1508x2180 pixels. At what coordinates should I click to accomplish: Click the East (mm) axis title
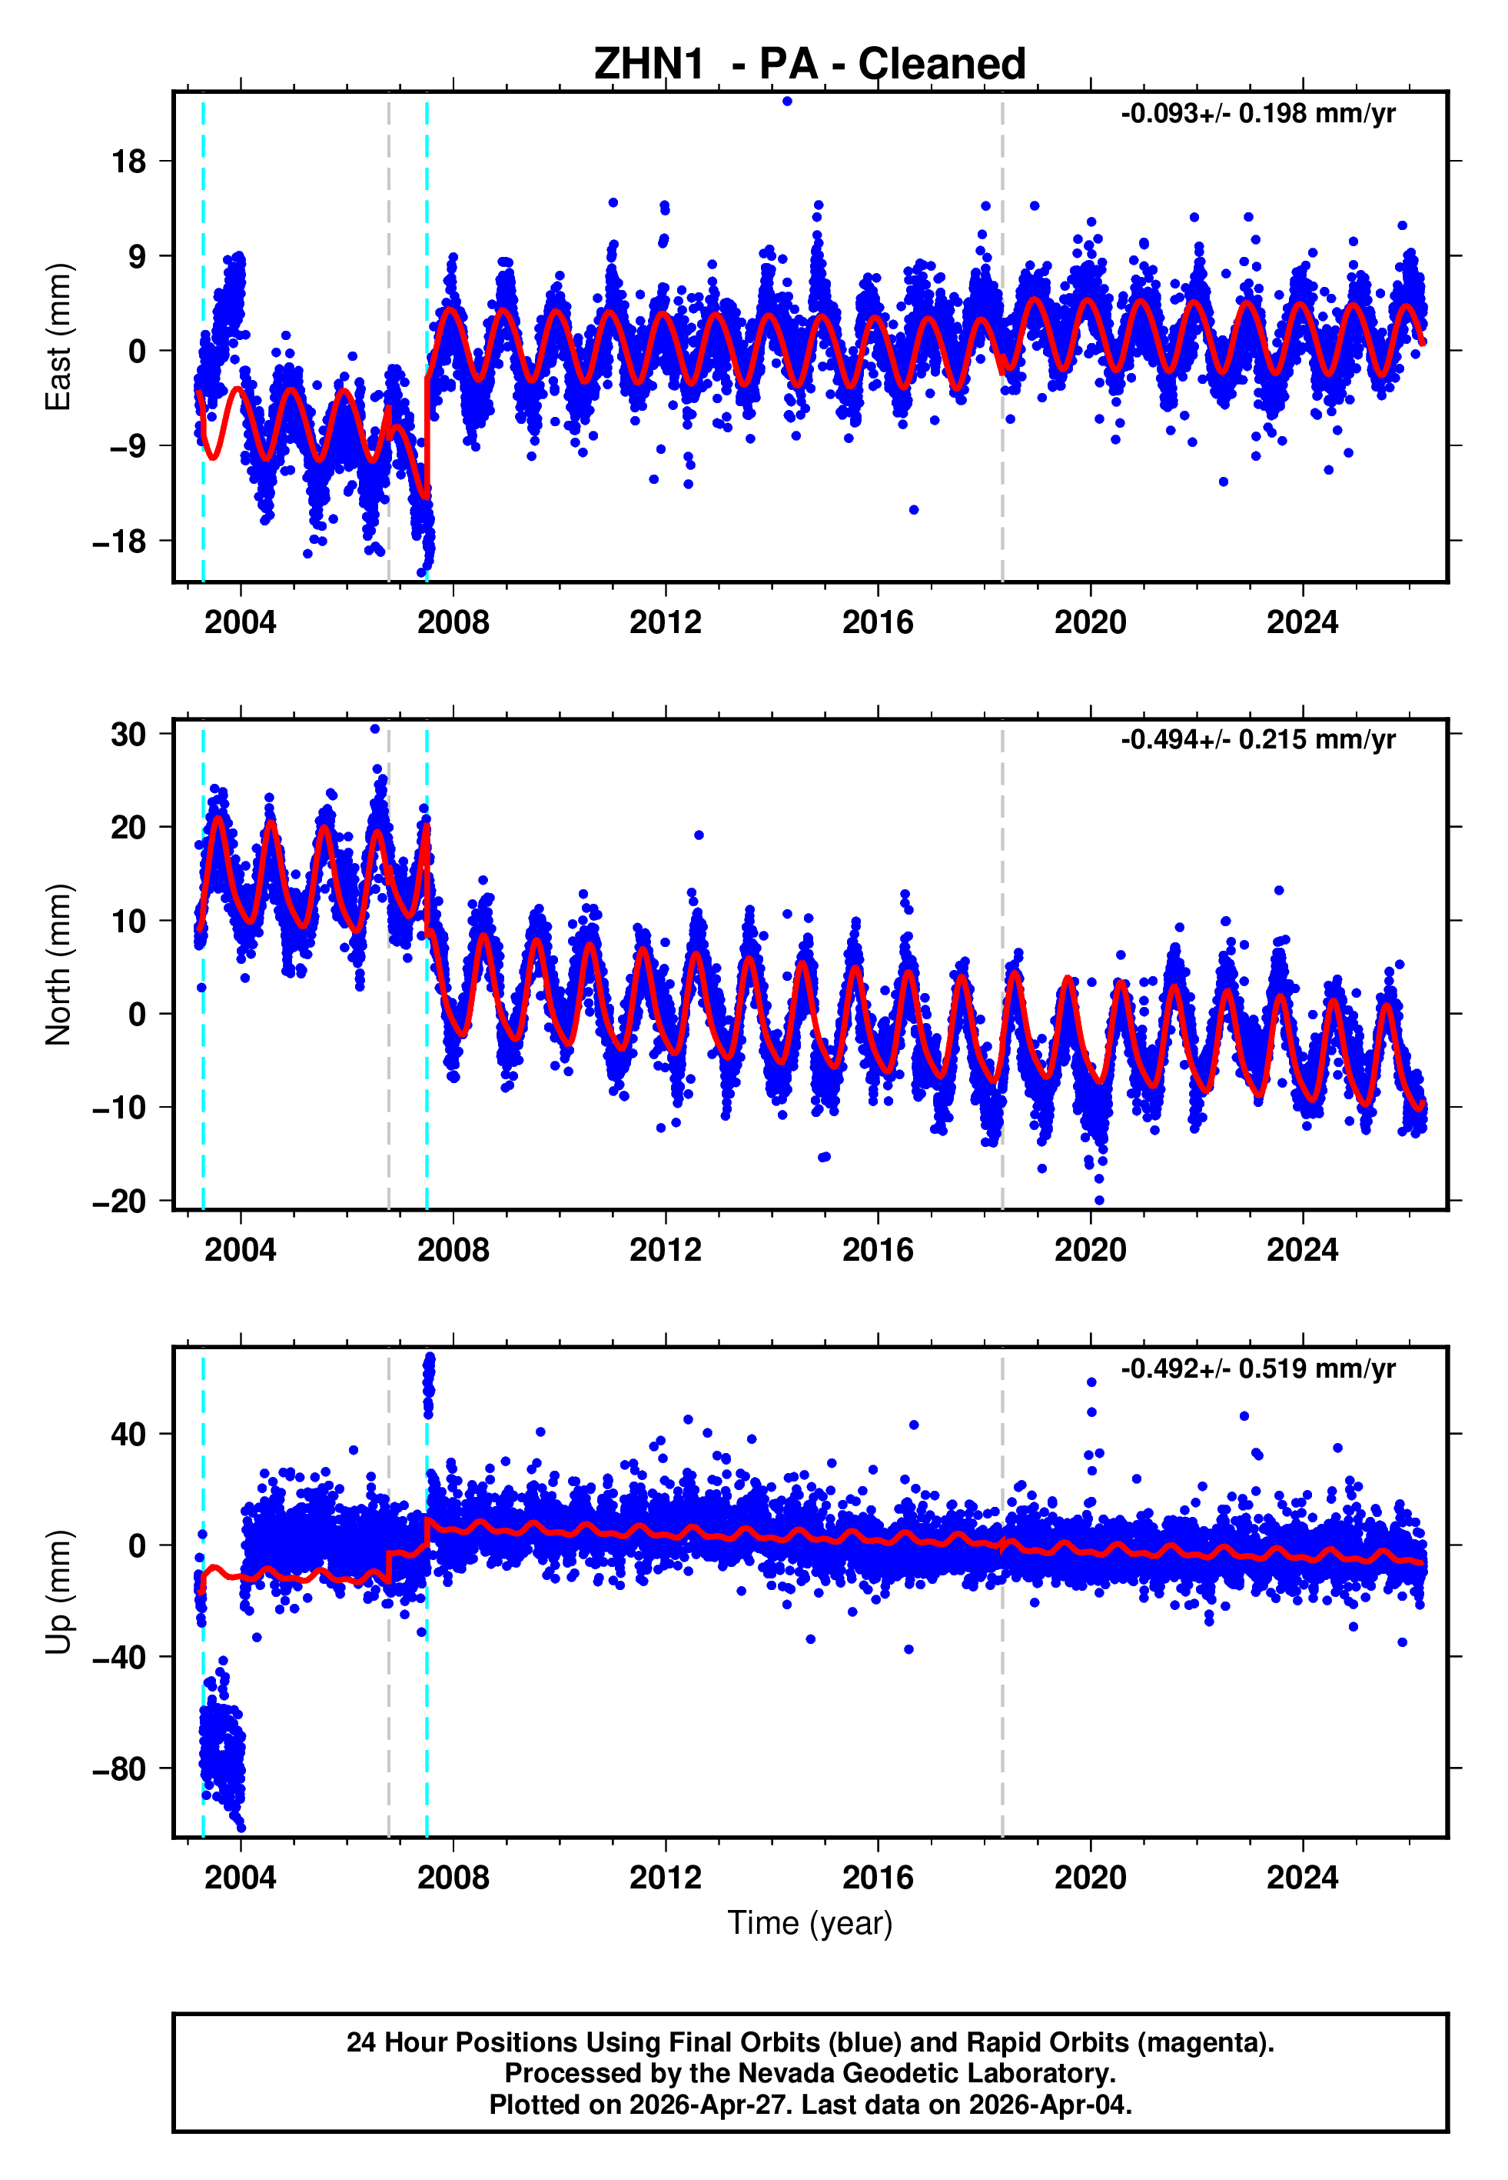pos(58,338)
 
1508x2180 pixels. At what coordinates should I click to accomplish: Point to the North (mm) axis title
pos(58,965)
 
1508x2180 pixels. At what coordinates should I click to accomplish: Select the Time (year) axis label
pos(810,1924)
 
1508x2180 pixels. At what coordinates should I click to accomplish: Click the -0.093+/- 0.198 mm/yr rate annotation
pos(1257,115)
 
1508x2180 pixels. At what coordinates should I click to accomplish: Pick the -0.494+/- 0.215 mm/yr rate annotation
pos(1257,740)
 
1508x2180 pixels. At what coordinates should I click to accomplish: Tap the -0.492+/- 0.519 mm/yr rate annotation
pos(1257,1369)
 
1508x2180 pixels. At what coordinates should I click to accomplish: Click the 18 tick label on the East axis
pos(128,162)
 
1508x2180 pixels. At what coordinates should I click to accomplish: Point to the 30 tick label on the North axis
pos(128,735)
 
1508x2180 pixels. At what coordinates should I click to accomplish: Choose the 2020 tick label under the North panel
pos(1091,1251)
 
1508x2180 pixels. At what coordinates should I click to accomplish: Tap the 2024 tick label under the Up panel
pos(1302,1878)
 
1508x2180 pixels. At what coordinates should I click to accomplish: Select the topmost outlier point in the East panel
pos(787,101)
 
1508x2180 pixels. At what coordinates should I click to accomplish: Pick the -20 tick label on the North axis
pos(119,1202)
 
